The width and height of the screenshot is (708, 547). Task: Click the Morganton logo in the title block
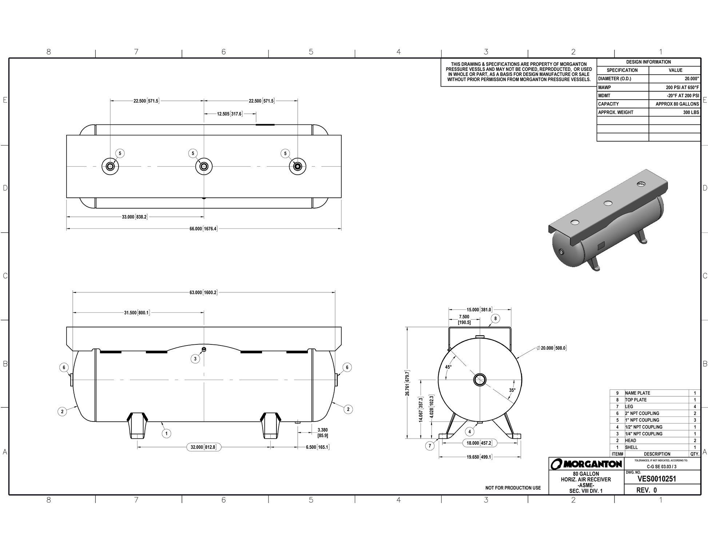click(586, 464)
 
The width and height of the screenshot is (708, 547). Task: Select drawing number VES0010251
click(657, 479)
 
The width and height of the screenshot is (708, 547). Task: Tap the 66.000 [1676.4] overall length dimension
click(203, 229)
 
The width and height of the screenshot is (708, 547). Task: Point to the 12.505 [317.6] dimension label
click(230, 114)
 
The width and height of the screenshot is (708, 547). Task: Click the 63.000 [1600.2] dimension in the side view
click(203, 292)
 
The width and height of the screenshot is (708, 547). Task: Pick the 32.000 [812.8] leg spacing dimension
click(203, 447)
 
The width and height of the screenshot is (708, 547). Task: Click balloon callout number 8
click(495, 319)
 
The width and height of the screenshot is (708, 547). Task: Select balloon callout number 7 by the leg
click(430, 446)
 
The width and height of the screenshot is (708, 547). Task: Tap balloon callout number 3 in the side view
click(195, 359)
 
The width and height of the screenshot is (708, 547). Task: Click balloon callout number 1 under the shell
click(166, 434)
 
